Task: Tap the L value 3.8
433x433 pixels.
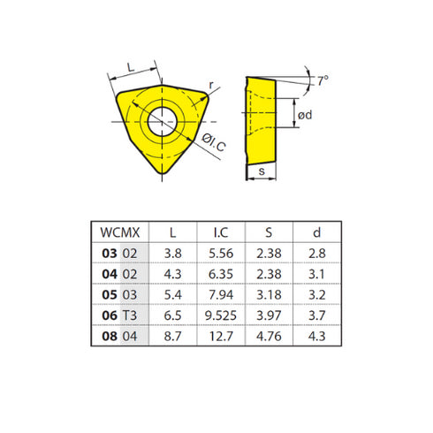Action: coord(172,253)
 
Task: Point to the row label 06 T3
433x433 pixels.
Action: coord(119,315)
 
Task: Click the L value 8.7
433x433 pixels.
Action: coord(172,336)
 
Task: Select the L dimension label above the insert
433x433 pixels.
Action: coord(132,67)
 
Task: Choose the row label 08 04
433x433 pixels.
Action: coord(119,336)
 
